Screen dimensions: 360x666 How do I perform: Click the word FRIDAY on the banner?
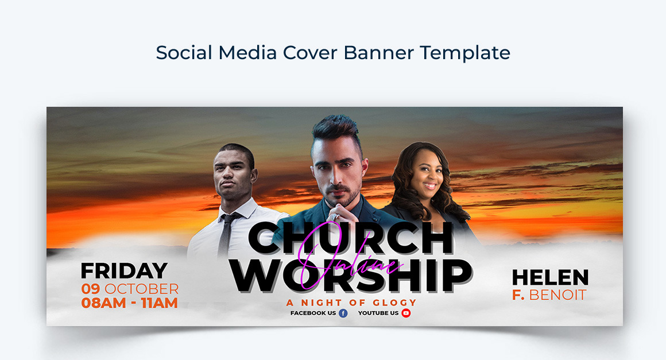click(124, 271)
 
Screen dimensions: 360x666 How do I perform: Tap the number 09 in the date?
click(91, 289)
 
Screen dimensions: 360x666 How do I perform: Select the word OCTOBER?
click(141, 289)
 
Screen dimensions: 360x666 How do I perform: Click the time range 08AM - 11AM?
click(129, 303)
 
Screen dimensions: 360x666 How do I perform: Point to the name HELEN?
click(550, 278)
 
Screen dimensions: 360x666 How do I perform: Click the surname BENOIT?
click(557, 296)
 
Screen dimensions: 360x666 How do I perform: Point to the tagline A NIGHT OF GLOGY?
click(351, 303)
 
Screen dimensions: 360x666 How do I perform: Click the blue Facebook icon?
click(343, 313)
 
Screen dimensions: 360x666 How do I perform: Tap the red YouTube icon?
click(406, 313)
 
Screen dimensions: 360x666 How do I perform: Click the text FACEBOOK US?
click(313, 313)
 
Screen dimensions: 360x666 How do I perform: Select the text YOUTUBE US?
click(378, 313)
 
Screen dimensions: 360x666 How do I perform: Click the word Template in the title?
click(464, 53)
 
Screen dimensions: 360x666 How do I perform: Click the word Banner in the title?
click(379, 53)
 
